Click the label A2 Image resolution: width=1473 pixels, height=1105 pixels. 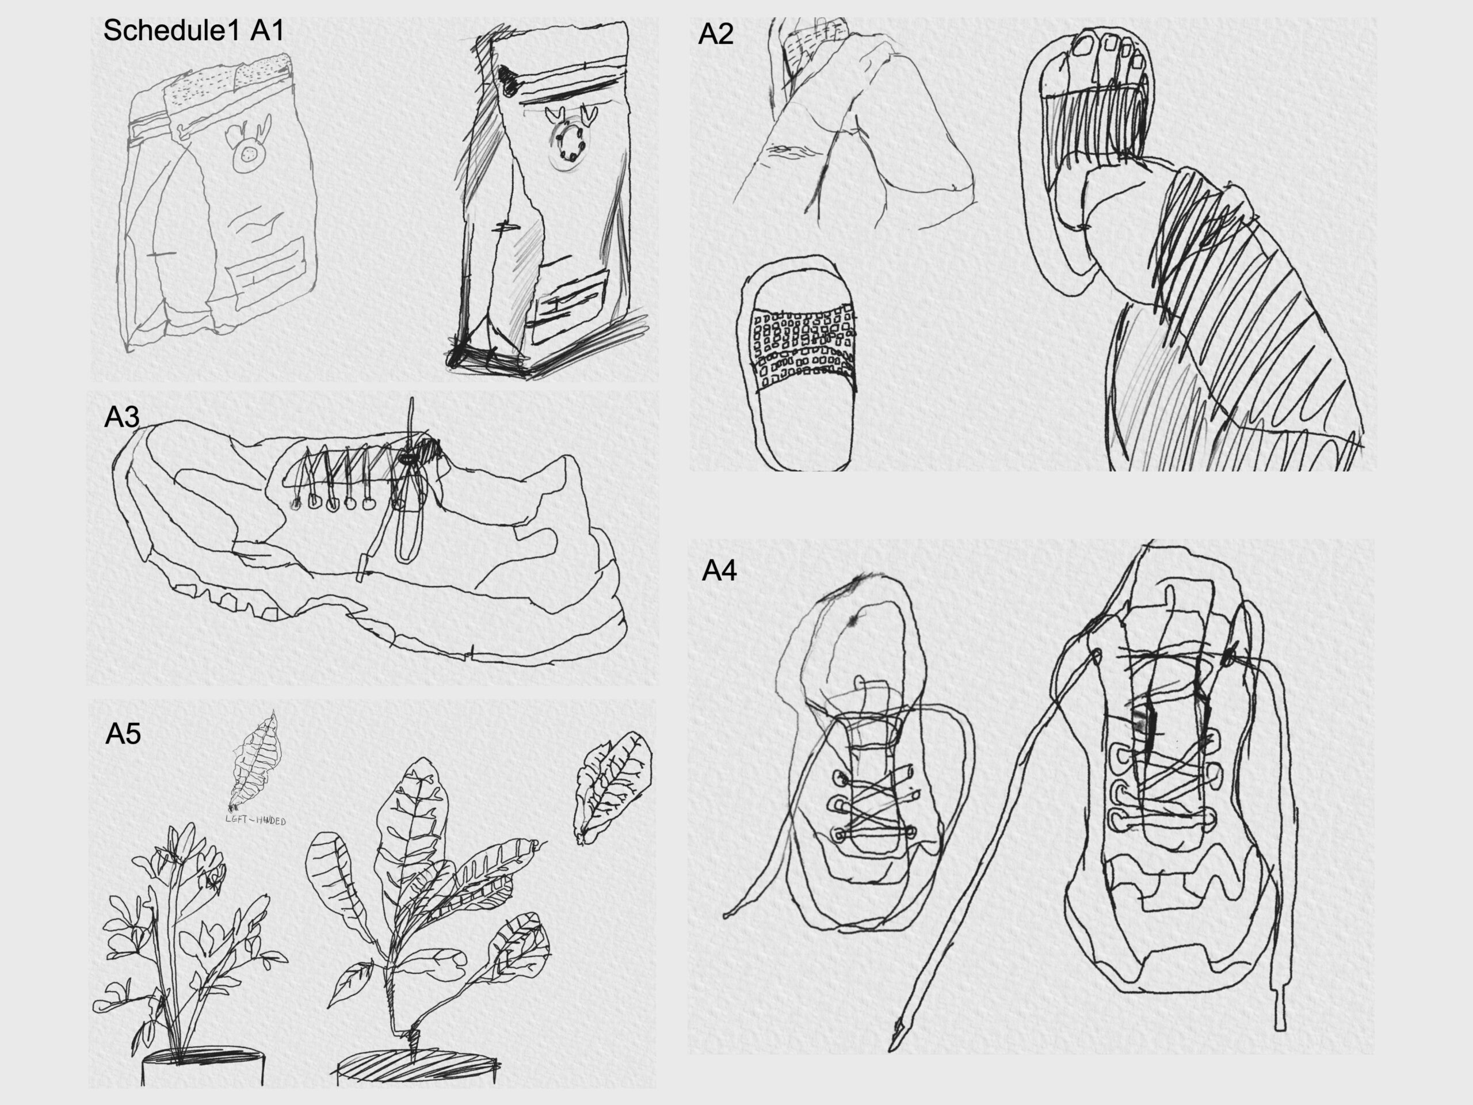tap(716, 34)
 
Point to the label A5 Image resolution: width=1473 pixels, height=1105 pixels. tap(124, 733)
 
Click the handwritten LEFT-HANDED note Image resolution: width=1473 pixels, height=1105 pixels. tap(257, 821)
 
